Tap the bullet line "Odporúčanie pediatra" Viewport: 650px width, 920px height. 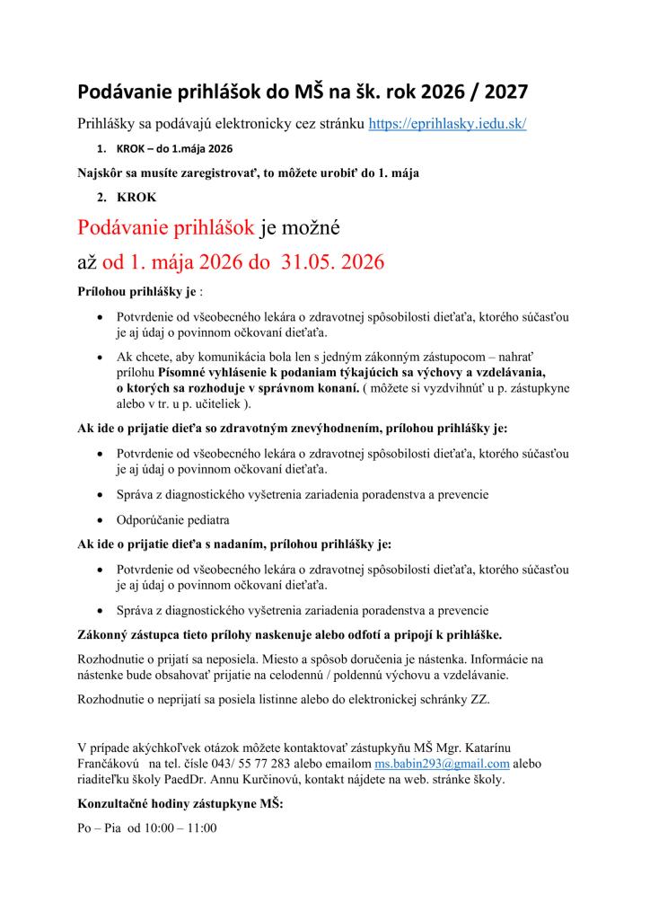click(172, 519)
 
